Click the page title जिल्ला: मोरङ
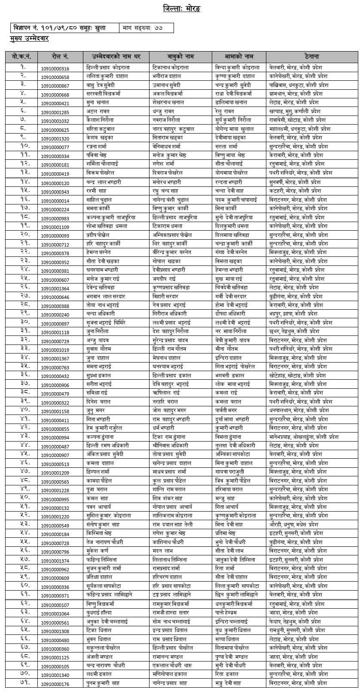tap(181, 9)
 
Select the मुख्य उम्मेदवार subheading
tap(30, 39)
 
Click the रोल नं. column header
tap(60, 56)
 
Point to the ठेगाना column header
tap(312, 56)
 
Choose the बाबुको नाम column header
tap(180, 56)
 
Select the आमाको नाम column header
tap(239, 56)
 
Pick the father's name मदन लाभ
tap(164, 551)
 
